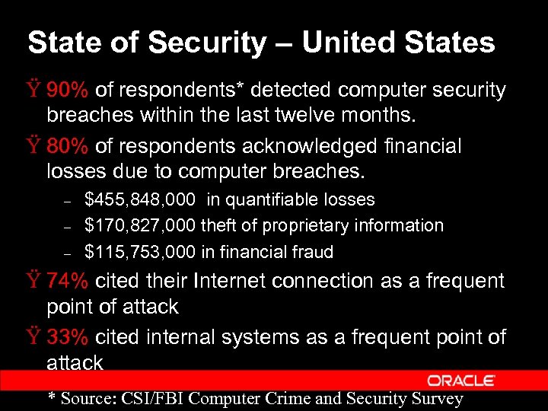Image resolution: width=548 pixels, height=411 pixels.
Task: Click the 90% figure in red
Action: point(68,91)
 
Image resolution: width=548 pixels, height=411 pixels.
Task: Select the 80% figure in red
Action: point(68,145)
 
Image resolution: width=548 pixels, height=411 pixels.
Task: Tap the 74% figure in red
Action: point(68,281)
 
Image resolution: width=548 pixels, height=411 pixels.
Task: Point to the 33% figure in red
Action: point(68,336)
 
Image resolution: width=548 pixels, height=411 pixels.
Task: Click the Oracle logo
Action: point(461,380)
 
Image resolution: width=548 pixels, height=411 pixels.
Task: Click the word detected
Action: point(292,91)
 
